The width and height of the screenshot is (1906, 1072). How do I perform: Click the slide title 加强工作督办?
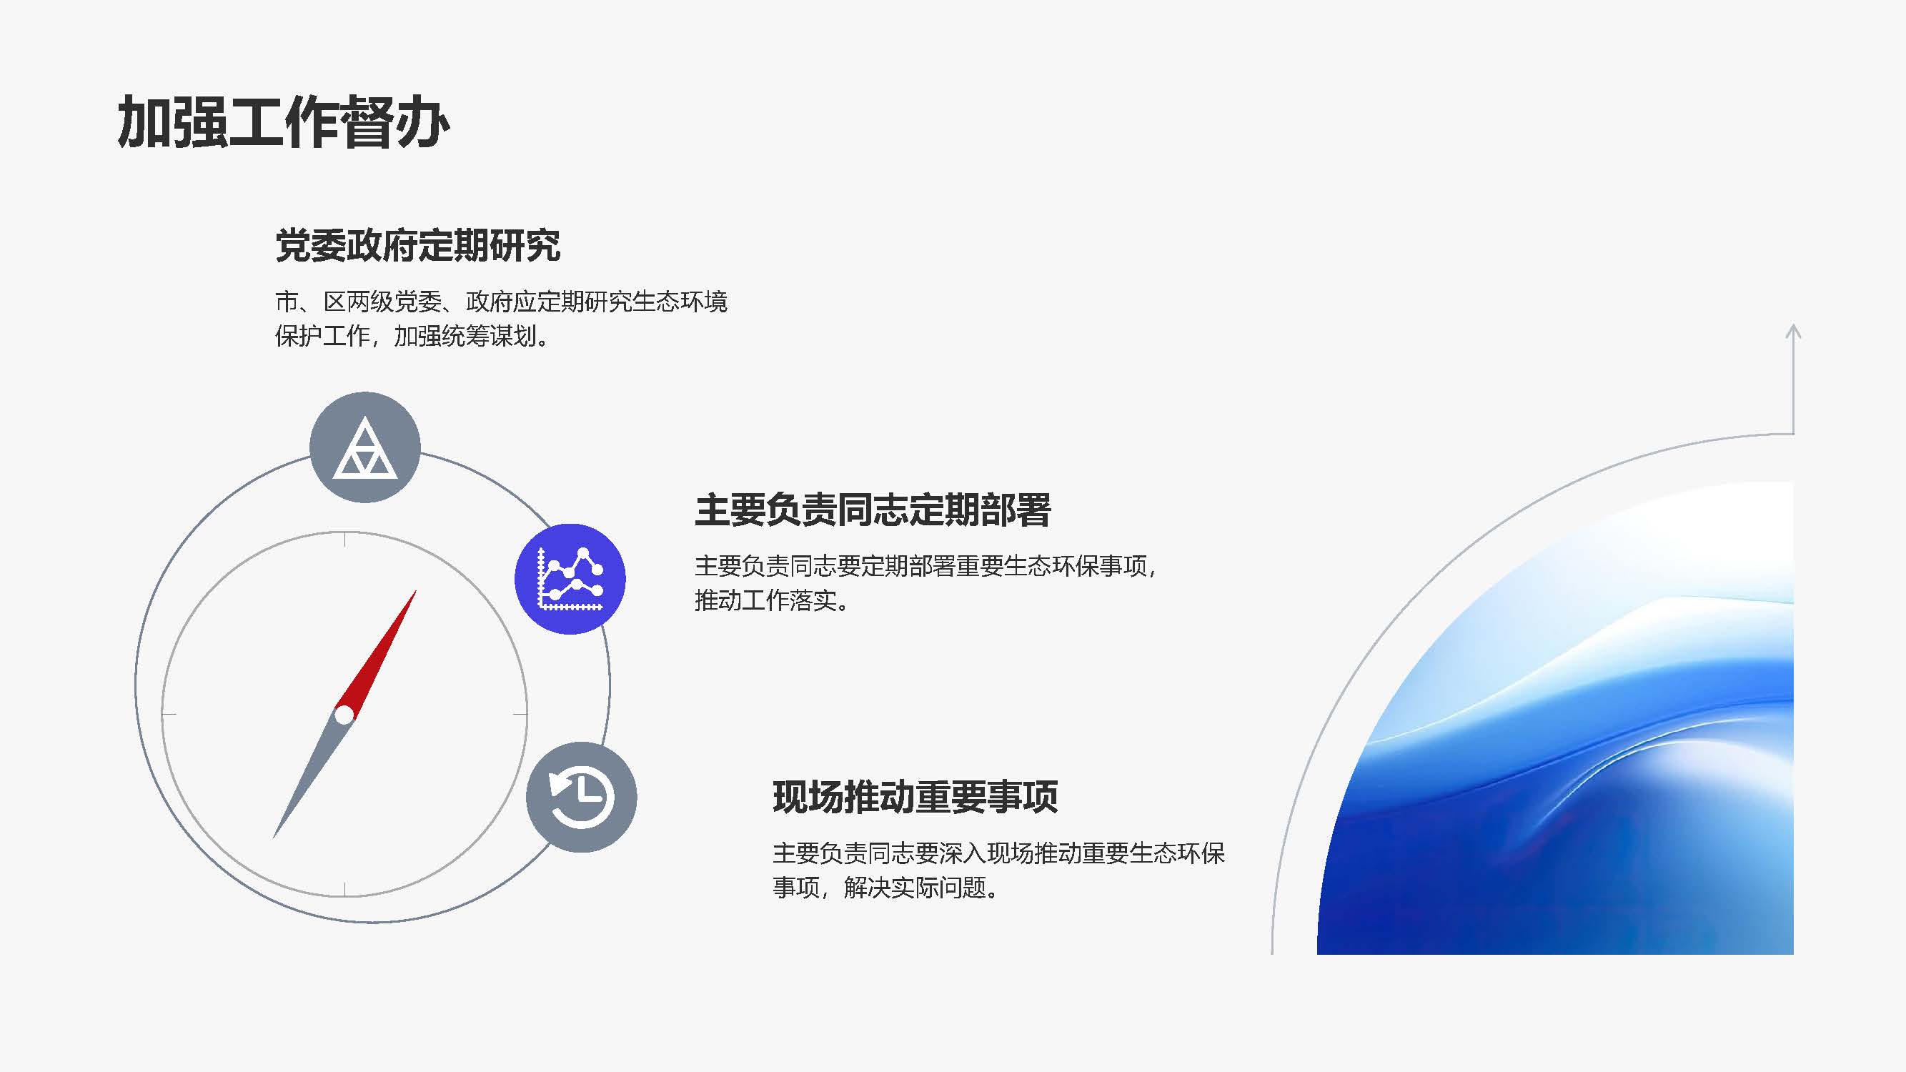pyautogui.click(x=284, y=122)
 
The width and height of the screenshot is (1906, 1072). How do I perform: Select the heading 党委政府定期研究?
pyautogui.click(x=418, y=246)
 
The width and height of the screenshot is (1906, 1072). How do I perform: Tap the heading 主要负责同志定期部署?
pyautogui.click(x=873, y=510)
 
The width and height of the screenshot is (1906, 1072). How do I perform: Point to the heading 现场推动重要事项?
pyautogui.click(x=915, y=797)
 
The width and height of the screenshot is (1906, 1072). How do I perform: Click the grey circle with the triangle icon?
pyautogui.click(x=364, y=447)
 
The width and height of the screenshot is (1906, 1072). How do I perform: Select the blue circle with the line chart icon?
pyautogui.click(x=570, y=579)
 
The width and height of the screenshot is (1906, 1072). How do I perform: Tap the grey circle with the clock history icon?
pyautogui.click(x=582, y=797)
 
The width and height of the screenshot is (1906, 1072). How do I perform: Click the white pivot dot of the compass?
pyautogui.click(x=344, y=715)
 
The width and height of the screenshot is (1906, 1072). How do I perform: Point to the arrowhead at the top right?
pyautogui.click(x=1793, y=332)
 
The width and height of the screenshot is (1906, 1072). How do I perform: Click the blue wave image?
pyautogui.click(x=1554, y=718)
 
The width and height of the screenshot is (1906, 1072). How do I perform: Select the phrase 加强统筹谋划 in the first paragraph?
pyautogui.click(x=465, y=337)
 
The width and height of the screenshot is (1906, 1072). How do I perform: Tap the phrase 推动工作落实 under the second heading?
pyautogui.click(x=765, y=600)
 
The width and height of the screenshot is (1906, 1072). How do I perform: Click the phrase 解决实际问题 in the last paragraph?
pyautogui.click(x=915, y=887)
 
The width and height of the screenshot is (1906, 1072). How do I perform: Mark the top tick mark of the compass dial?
pyautogui.click(x=344, y=540)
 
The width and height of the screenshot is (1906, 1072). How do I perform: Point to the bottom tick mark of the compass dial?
pyautogui.click(x=344, y=889)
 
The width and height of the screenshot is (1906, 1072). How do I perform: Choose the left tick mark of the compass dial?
pyautogui.click(x=169, y=715)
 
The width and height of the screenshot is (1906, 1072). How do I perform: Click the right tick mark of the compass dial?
pyautogui.click(x=520, y=715)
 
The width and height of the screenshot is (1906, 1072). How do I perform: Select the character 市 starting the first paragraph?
pyautogui.click(x=287, y=302)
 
